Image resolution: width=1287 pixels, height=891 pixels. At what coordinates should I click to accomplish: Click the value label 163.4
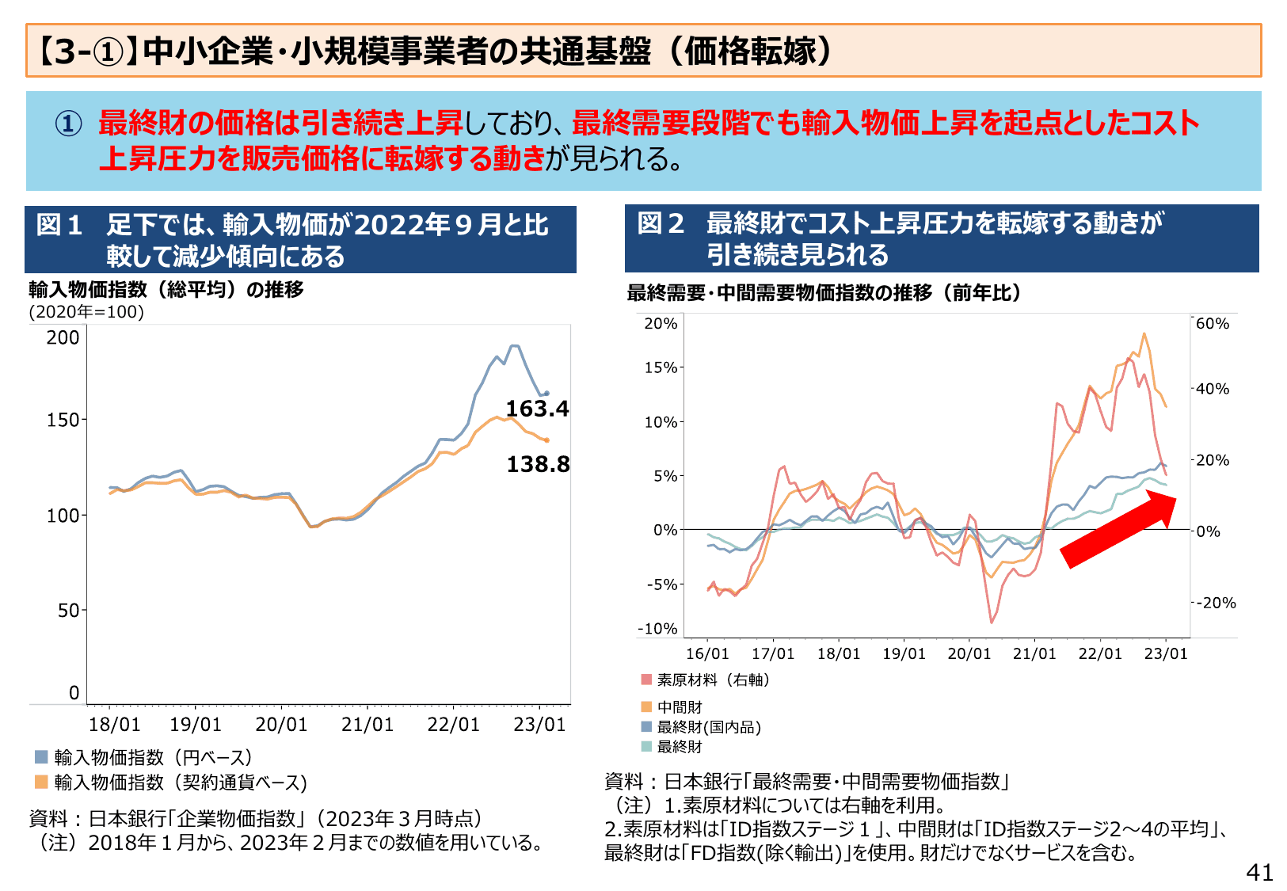pos(537,409)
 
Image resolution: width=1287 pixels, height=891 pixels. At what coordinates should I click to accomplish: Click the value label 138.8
pos(538,464)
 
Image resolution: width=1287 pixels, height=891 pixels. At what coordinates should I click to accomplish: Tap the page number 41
pos(1259,872)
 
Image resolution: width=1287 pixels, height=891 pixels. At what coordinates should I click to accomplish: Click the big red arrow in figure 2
pos(1118,528)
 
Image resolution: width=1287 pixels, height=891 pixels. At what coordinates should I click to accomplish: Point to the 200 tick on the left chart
pos(63,337)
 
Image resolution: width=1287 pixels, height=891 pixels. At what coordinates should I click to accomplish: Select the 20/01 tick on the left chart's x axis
pos(281,724)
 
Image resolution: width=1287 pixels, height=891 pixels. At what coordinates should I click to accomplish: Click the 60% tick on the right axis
pos(1212,323)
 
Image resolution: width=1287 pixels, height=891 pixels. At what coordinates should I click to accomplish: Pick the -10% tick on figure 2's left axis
pos(658,629)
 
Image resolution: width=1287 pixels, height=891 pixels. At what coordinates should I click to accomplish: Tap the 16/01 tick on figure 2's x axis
pos(706,653)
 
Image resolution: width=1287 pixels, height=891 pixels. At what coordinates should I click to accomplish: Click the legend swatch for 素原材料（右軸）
pos(646,680)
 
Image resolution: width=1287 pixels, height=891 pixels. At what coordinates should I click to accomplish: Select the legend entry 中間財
pos(680,706)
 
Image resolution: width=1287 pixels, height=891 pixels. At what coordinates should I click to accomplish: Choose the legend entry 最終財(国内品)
pos(708,726)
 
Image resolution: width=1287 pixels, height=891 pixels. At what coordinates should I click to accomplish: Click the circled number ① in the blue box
pos(68,124)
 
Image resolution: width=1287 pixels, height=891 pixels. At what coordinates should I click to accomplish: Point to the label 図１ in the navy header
pos(60,225)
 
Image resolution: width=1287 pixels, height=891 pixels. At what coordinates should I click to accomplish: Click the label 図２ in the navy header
pos(661,223)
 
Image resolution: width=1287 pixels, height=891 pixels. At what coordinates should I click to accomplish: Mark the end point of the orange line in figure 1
pos(546,440)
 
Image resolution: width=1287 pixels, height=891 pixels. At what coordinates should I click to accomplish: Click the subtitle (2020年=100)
pos(86,311)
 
